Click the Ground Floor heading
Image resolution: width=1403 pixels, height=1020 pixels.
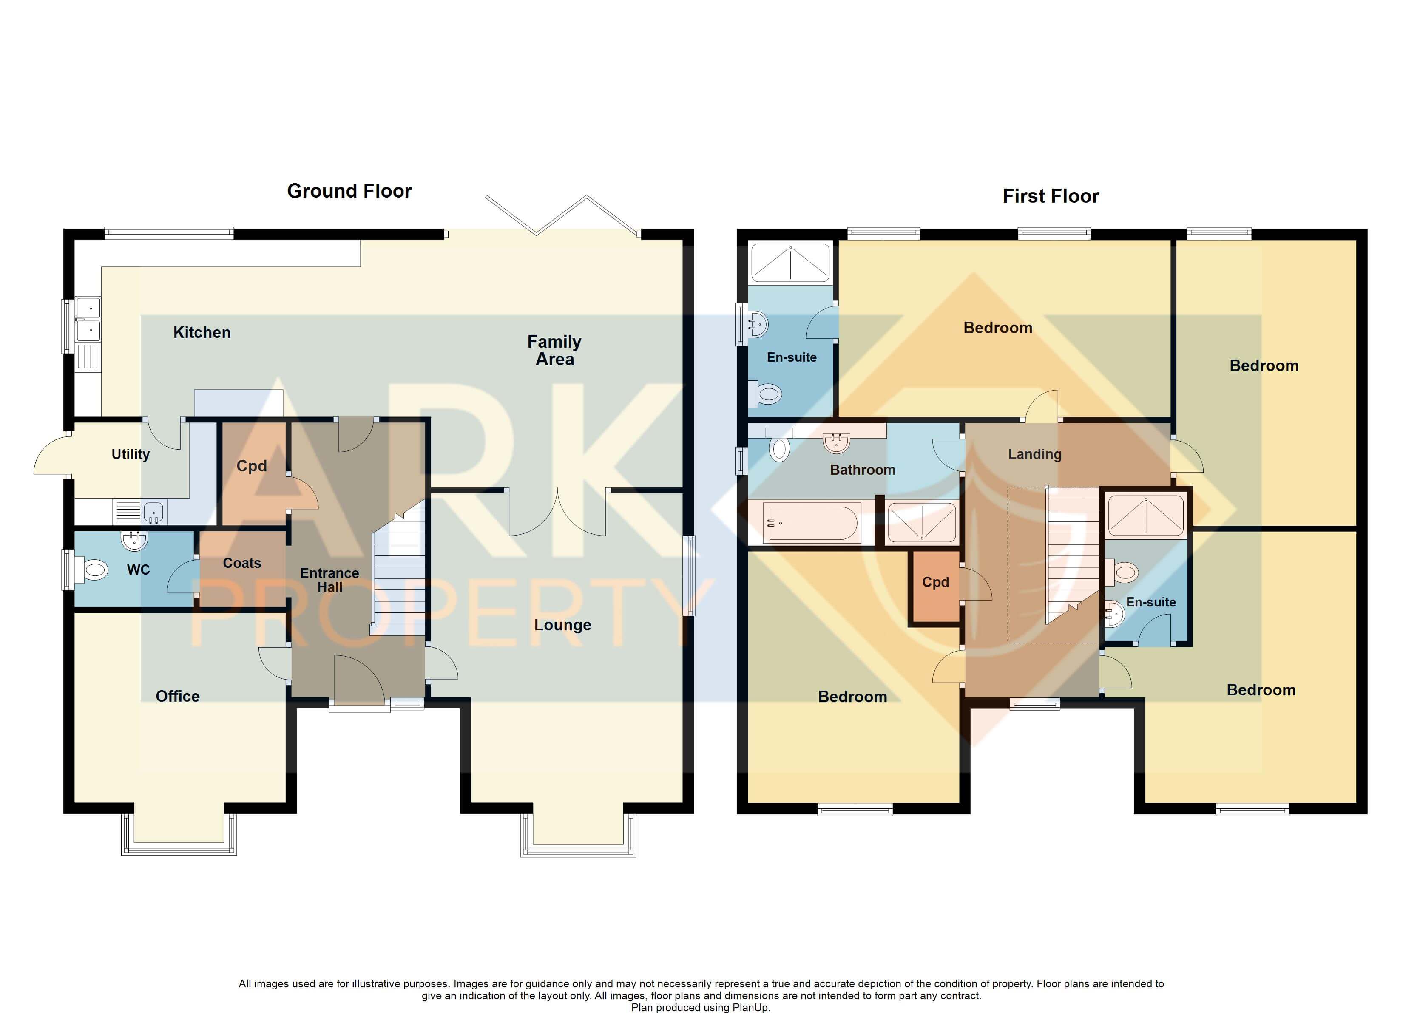coord(349,191)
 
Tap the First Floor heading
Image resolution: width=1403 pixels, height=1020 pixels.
coord(1051,196)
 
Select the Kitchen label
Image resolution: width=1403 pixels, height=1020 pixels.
coord(202,333)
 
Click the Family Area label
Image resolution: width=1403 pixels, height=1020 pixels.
coord(554,350)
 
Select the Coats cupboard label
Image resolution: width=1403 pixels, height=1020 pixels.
coord(242,563)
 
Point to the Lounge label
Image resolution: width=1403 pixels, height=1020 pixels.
coord(562,625)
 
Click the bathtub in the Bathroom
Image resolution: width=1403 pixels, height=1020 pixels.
coord(812,523)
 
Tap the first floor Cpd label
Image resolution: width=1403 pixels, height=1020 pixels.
coord(935,582)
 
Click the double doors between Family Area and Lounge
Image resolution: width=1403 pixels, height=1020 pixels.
coord(557,513)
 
